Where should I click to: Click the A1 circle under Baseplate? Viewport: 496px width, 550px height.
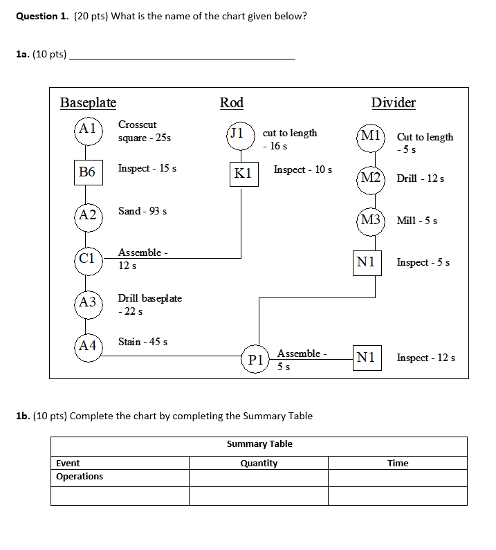[x=88, y=129]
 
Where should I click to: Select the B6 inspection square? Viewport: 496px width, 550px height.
[x=88, y=172]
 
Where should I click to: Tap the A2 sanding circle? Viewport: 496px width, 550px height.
[x=88, y=215]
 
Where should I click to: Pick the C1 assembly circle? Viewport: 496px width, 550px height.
[x=88, y=259]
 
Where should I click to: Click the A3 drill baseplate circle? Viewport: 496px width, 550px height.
[x=88, y=302]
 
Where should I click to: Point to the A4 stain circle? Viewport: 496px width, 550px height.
[x=88, y=346]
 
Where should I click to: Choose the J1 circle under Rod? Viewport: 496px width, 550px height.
[x=239, y=134]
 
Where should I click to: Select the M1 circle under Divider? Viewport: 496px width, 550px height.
[x=371, y=136]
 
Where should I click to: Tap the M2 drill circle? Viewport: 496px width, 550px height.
[x=371, y=178]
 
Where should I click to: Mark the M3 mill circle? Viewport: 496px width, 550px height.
[x=371, y=220]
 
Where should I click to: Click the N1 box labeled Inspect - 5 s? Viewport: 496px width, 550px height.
[x=367, y=262]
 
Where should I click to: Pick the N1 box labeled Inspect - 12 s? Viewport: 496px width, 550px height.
[x=367, y=357]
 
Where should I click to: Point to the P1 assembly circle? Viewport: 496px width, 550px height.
[x=255, y=359]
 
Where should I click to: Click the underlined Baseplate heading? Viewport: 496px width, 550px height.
[x=88, y=103]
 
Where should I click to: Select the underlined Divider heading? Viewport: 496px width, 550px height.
[x=394, y=103]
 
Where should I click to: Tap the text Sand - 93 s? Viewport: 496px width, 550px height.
[x=143, y=211]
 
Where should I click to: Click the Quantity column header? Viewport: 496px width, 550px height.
[x=259, y=464]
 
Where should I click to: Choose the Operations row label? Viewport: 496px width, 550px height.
[x=80, y=477]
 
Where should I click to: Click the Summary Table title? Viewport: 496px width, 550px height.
[x=259, y=444]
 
